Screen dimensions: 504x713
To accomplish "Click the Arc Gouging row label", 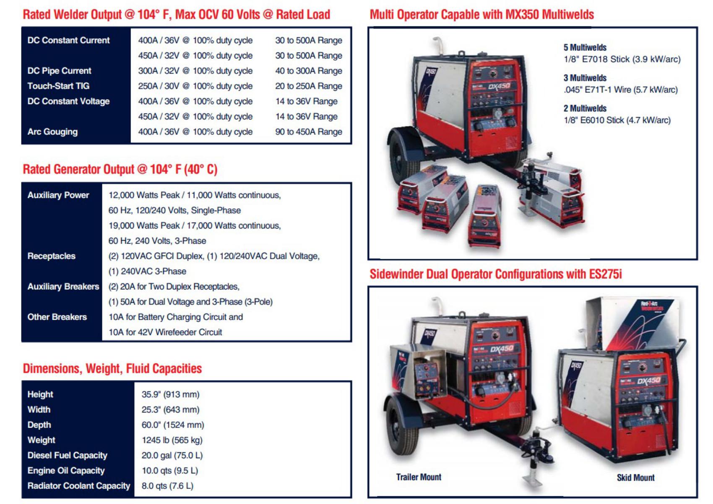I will point(52,132).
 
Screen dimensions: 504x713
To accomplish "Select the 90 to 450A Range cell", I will point(308,132).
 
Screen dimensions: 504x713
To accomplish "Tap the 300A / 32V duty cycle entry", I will point(195,71).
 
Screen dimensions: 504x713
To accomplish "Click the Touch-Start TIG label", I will point(58,86).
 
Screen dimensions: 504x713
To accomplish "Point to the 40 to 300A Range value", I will point(308,71).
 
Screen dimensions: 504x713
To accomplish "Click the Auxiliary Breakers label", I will point(63,287).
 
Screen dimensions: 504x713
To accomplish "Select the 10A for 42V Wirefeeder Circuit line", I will point(165,332).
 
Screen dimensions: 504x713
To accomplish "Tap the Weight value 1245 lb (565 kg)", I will point(172,440).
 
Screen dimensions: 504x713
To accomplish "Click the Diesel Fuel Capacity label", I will point(67,455).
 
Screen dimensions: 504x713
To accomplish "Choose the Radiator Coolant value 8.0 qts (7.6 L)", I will point(167,486).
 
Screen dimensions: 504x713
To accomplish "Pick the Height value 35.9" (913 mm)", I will point(170,394).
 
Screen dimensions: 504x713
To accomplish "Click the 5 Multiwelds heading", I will point(585,47).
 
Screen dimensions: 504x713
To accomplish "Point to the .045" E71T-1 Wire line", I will point(620,89).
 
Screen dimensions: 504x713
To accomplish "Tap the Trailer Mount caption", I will point(418,477).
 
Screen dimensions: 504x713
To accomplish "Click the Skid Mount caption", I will point(635,478).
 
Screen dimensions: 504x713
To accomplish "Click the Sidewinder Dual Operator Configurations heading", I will point(495,274).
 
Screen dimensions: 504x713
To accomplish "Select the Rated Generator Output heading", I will point(120,169).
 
